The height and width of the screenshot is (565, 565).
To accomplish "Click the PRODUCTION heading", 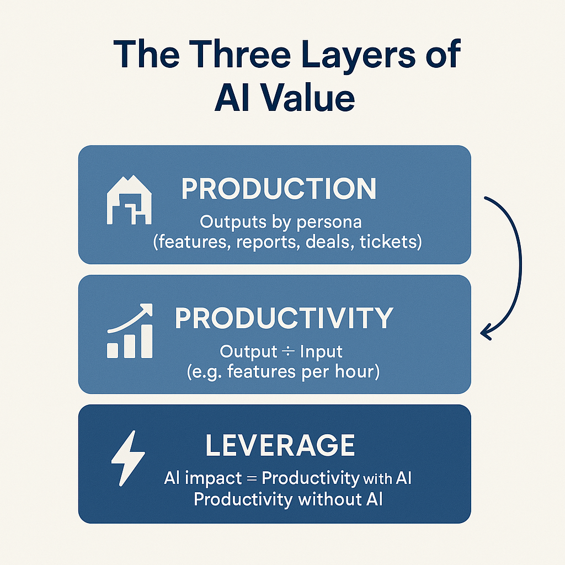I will click(x=279, y=189).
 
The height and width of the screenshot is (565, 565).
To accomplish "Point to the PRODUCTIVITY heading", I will click(x=284, y=318).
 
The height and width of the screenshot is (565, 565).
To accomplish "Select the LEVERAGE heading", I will click(x=280, y=446).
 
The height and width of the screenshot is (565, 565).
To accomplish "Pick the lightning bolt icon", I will click(x=128, y=457).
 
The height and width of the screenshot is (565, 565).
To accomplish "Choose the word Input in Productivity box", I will click(x=321, y=351).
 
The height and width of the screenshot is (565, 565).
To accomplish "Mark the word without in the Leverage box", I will click(x=327, y=500).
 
